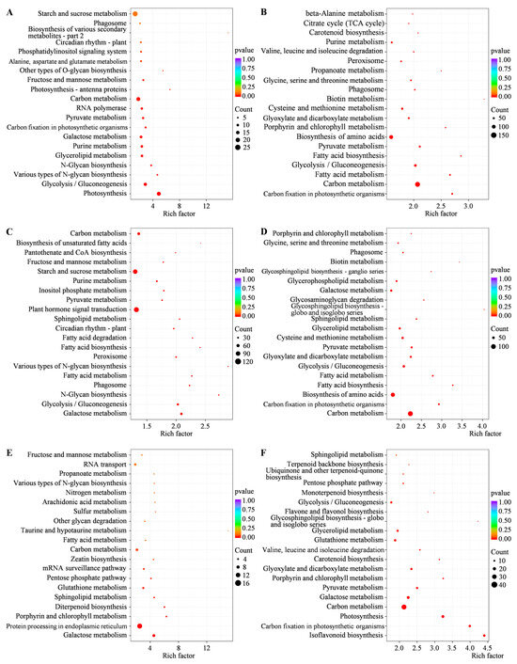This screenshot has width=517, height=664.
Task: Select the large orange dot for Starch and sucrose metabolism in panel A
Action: point(135,14)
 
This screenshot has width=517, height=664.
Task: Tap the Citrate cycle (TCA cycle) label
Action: point(344,23)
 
